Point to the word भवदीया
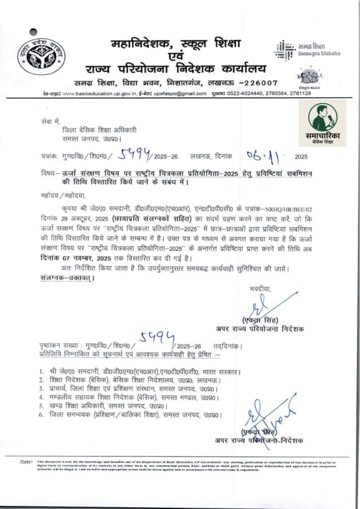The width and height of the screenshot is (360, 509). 261,288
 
